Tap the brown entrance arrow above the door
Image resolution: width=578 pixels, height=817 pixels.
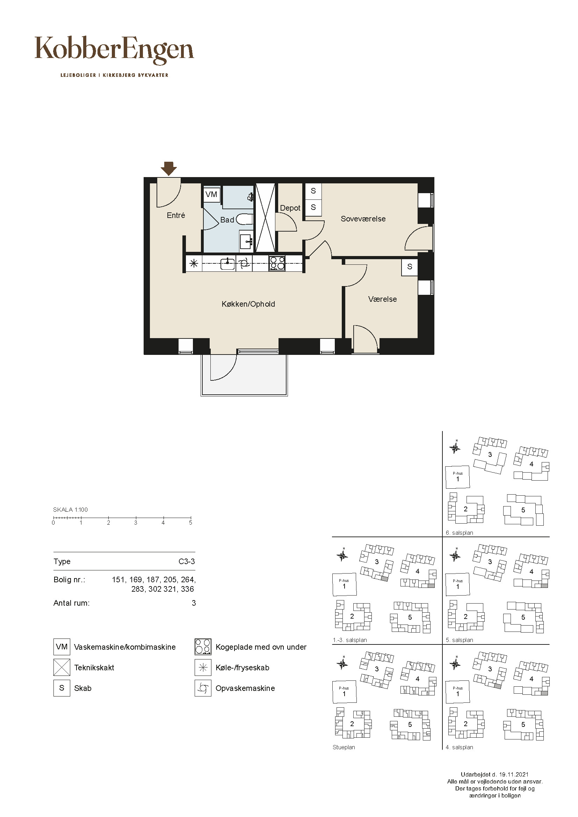169,169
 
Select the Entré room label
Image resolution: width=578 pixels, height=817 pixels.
176,215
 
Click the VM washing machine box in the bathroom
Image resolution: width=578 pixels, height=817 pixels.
211,194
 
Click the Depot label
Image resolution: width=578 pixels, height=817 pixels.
290,208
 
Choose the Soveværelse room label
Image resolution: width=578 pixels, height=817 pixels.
363,219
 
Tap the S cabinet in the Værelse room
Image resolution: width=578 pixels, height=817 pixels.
410,267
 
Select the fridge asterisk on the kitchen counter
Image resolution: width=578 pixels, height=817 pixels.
194,264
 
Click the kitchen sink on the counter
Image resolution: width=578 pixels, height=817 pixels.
227,264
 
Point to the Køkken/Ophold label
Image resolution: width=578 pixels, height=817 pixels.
248,304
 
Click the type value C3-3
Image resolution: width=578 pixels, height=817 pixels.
187,562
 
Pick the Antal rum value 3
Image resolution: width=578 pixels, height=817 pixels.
194,603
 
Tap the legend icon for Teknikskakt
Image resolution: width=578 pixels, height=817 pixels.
62,668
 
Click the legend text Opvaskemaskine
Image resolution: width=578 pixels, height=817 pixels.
245,688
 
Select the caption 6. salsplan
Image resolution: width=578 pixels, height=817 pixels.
460,533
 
